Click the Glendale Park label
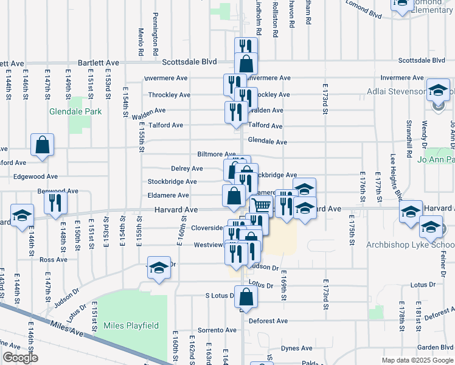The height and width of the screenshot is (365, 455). pyautogui.click(x=76, y=111)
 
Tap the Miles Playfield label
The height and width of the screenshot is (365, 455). pyautogui.click(x=131, y=325)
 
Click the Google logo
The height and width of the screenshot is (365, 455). pyautogui.click(x=19, y=358)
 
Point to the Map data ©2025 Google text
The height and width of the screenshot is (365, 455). pyautogui.click(x=417, y=360)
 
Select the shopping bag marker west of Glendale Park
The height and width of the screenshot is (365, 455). pyautogui.click(x=43, y=146)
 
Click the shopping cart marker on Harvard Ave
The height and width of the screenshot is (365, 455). pyautogui.click(x=262, y=206)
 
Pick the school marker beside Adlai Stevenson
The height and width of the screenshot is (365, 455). pyautogui.click(x=437, y=92)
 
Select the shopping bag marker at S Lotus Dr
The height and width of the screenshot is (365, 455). pyautogui.click(x=246, y=298)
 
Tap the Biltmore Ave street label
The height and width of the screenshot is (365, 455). pyautogui.click(x=216, y=155)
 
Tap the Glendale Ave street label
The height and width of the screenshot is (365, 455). pyautogui.click(x=268, y=142)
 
